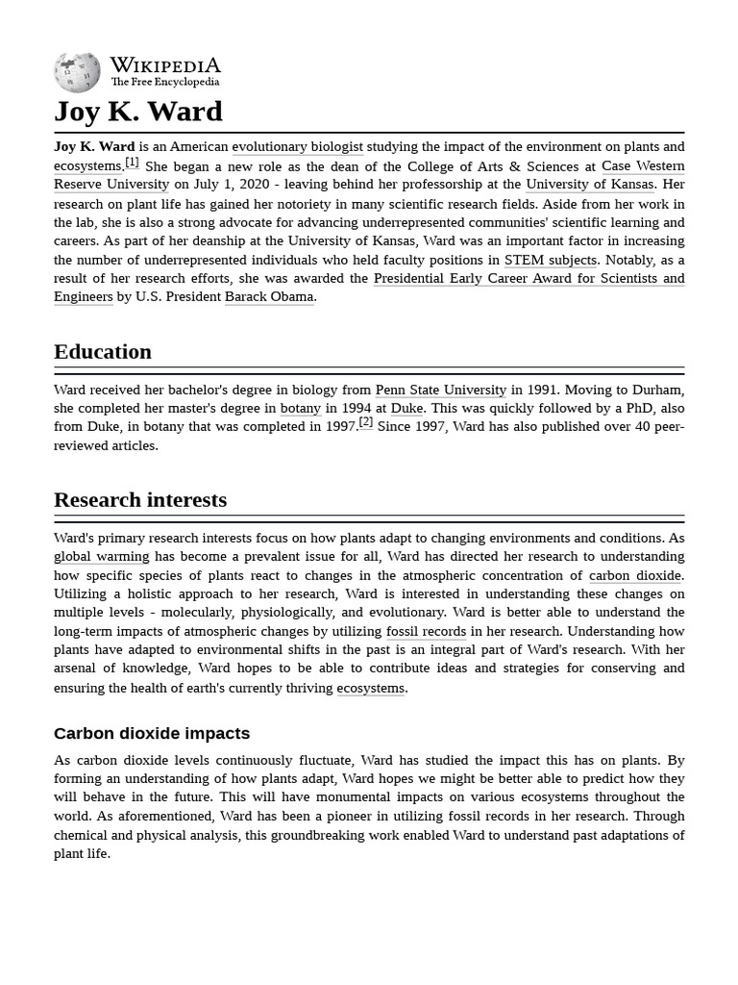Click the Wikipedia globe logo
pos(77,72)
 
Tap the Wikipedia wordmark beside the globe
pos(164,65)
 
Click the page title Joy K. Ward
pos(137,112)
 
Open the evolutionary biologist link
pos(297,147)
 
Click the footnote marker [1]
pos(132,163)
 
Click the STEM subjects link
pos(551,260)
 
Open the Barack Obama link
pos(269,297)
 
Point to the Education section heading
pos(103,352)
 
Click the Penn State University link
pos(440,391)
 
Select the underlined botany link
pos(300,409)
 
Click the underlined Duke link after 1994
pos(406,409)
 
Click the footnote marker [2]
pos(365,422)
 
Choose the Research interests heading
pos(140,500)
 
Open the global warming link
pos(101,557)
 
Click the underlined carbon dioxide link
pos(634,575)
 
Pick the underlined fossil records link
pos(426,632)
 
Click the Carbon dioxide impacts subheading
pos(152,734)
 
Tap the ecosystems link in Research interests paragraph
pos(370,689)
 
